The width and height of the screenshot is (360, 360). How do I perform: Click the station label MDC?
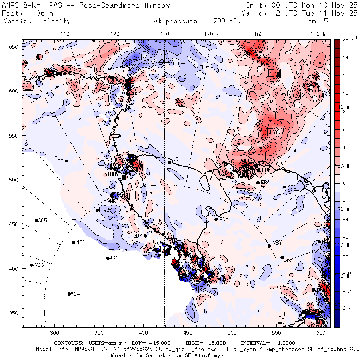tap(59, 158)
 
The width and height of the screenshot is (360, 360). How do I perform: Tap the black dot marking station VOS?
tap(32, 265)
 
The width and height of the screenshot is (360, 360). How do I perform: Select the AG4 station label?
tap(75, 294)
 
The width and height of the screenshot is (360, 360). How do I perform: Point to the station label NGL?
tap(177, 160)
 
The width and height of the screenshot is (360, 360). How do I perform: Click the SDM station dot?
tap(216, 219)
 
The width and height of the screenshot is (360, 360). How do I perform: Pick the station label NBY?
tap(277, 243)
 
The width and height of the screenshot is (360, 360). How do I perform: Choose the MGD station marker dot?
tap(73, 242)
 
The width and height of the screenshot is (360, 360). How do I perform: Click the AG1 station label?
tap(114, 258)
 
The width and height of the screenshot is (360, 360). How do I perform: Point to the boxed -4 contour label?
tap(194, 289)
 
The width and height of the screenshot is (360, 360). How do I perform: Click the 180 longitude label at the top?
tap(164, 34)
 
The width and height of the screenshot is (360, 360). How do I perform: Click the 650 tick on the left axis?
tap(15, 47)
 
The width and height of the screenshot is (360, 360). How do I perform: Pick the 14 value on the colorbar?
tap(346, 58)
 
